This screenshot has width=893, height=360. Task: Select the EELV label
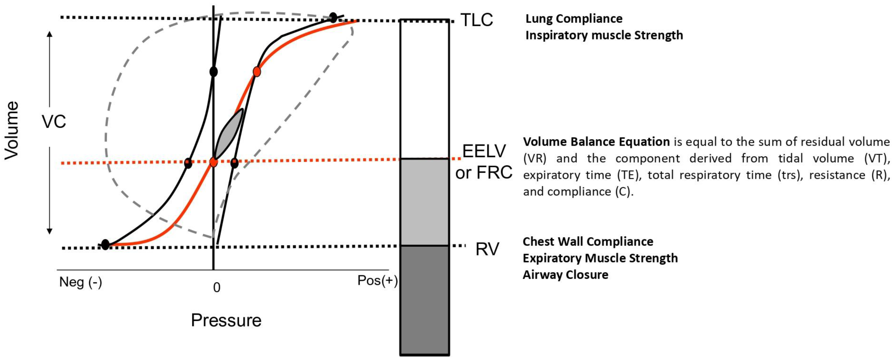coord(484,151)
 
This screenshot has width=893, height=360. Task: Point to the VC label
coord(54,122)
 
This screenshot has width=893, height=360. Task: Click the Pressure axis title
coord(226,320)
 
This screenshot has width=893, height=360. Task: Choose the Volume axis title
coord(11,131)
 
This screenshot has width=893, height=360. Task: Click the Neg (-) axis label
coord(80,282)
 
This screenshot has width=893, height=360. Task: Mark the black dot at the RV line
coord(105,245)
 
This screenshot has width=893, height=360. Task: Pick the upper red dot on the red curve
coord(256,71)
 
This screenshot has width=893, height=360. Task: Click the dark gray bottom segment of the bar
coord(425,300)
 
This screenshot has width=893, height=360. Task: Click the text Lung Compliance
coord(574,19)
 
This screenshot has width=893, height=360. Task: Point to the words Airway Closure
coord(565,275)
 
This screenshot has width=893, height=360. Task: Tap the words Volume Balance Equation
coord(596,142)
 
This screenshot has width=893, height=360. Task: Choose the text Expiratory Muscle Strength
coord(600,258)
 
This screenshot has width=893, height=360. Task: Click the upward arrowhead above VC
coord(50,34)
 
